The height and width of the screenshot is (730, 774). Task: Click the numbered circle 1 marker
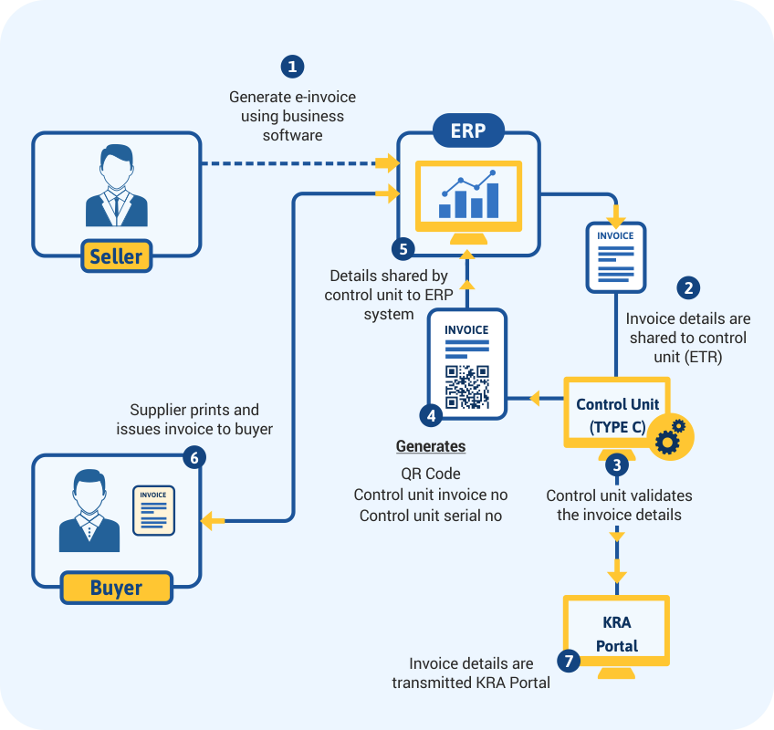point(292,67)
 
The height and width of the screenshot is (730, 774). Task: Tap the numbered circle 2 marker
point(688,287)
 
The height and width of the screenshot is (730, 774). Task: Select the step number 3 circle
point(618,464)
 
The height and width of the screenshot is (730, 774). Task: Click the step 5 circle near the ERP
point(403,248)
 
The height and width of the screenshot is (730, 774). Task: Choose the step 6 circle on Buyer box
point(192,456)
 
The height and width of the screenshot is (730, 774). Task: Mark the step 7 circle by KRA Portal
point(569,662)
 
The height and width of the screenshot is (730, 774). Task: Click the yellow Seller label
point(117,256)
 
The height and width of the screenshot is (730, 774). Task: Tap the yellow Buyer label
point(116,588)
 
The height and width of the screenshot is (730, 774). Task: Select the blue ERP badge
point(468,130)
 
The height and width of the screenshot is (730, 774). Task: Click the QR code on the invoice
point(466,387)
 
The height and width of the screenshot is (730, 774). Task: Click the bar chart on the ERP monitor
point(468,194)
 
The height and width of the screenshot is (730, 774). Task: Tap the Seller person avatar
point(117,186)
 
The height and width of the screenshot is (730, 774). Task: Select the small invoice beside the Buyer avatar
point(154,509)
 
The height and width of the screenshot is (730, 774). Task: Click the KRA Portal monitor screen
point(617,635)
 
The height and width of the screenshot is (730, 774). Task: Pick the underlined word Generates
point(431,447)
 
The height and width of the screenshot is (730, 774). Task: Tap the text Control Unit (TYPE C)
point(617,415)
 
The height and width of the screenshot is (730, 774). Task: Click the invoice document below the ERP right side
point(615,257)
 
